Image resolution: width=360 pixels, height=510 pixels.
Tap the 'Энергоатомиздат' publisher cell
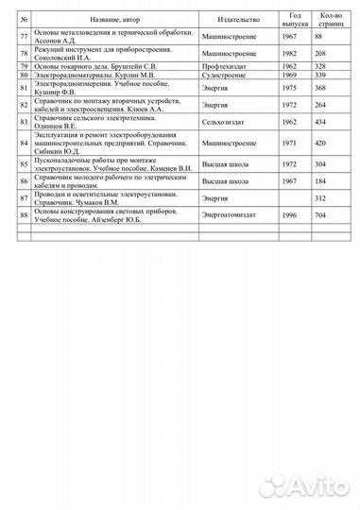228,216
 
